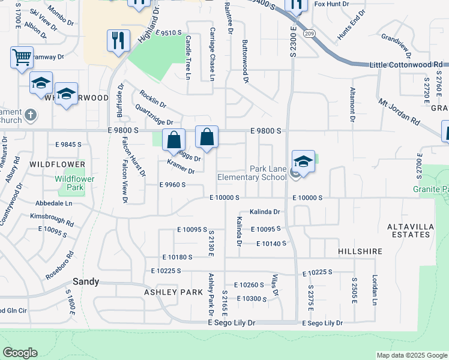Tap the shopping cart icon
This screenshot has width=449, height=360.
(x=22, y=58)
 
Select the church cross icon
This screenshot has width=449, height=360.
(x=32, y=114)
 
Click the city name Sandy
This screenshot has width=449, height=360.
(x=85, y=281)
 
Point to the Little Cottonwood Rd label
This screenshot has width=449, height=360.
(x=406, y=64)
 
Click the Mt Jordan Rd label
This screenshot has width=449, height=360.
(x=399, y=111)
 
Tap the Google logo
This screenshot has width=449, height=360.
(x=20, y=352)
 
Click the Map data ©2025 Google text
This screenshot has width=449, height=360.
(x=411, y=355)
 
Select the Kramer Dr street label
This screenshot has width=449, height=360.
(x=181, y=167)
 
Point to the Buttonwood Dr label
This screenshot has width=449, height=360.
(x=245, y=61)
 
